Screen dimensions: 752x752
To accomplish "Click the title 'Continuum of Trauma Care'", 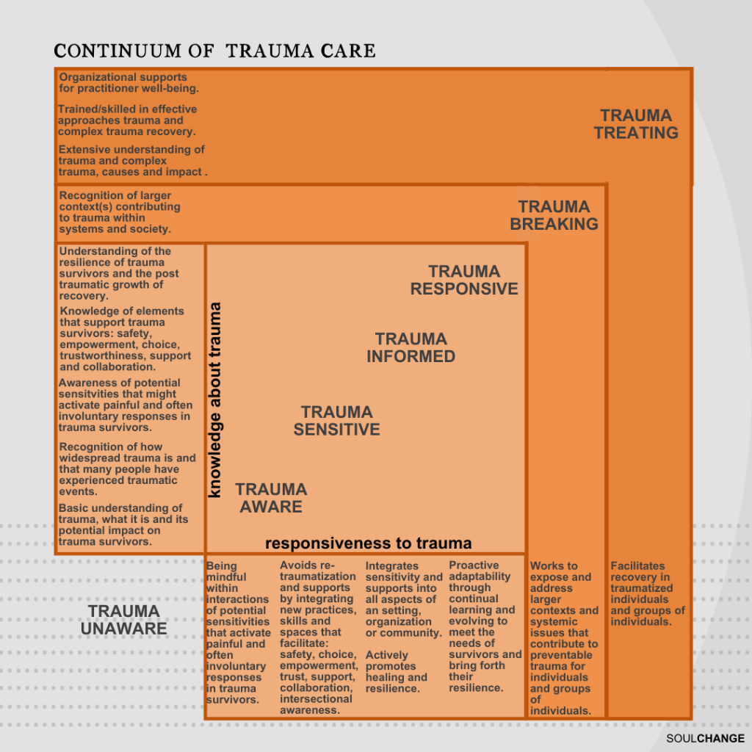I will (x=214, y=51).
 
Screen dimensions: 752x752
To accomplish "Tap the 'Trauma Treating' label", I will (x=636, y=124).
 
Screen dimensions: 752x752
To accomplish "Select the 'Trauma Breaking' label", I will (x=554, y=215).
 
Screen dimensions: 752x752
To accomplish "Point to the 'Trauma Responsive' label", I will (x=464, y=280).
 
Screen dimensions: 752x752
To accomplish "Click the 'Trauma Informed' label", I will (x=411, y=347).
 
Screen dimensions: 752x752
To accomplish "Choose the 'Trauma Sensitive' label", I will (x=336, y=421).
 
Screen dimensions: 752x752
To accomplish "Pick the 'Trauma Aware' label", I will (x=270, y=498).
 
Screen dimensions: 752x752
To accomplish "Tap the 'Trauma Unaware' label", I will (x=123, y=619).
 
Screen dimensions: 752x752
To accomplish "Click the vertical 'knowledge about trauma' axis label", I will (x=215, y=400).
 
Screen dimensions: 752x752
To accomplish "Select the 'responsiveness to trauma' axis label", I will (x=368, y=543).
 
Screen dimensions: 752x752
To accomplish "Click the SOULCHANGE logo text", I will (x=706, y=738).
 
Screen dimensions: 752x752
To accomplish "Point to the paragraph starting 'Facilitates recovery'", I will (x=647, y=593).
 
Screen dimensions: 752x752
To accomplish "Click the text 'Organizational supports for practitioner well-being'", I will (x=129, y=82).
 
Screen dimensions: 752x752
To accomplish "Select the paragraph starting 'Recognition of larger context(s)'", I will (x=119, y=212).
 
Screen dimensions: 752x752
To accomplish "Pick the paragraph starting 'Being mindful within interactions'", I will (x=238, y=632).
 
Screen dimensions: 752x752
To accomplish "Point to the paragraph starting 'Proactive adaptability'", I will (x=484, y=626).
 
